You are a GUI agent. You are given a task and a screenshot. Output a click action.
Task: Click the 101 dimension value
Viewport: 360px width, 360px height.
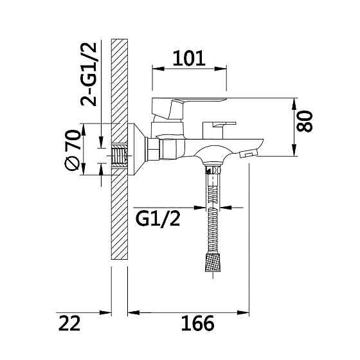189,59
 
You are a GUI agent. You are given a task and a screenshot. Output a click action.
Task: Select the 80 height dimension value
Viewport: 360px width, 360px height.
305,122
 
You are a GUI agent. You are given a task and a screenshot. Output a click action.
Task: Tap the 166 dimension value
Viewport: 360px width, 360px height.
197,323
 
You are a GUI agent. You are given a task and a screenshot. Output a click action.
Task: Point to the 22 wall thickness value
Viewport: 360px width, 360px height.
69,323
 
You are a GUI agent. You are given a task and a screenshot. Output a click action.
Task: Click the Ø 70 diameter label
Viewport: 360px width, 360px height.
72,150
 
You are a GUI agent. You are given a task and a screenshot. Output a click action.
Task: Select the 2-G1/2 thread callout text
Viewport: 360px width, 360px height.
89,75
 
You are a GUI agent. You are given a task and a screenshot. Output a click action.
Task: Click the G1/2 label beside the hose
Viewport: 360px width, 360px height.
157,219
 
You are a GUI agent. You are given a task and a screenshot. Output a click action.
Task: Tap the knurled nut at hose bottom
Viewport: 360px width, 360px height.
213,262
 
